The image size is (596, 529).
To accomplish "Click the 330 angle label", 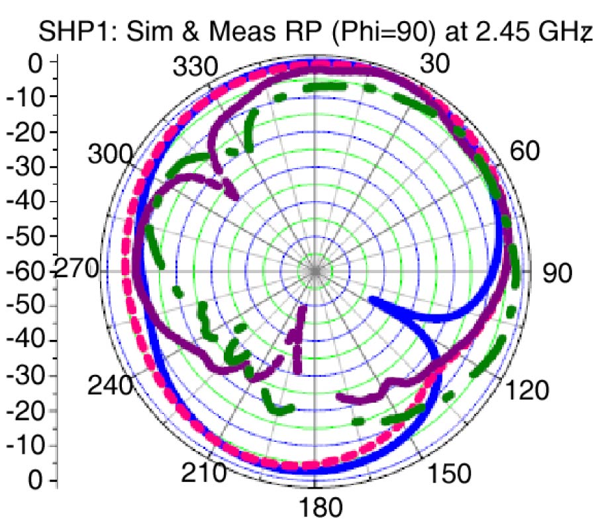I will coord(195,67).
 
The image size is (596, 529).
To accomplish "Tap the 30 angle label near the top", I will coord(434,63).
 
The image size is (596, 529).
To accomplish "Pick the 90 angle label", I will coord(558,272).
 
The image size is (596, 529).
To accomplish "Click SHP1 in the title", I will coord(70,32).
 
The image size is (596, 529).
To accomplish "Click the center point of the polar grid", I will coord(316,271).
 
